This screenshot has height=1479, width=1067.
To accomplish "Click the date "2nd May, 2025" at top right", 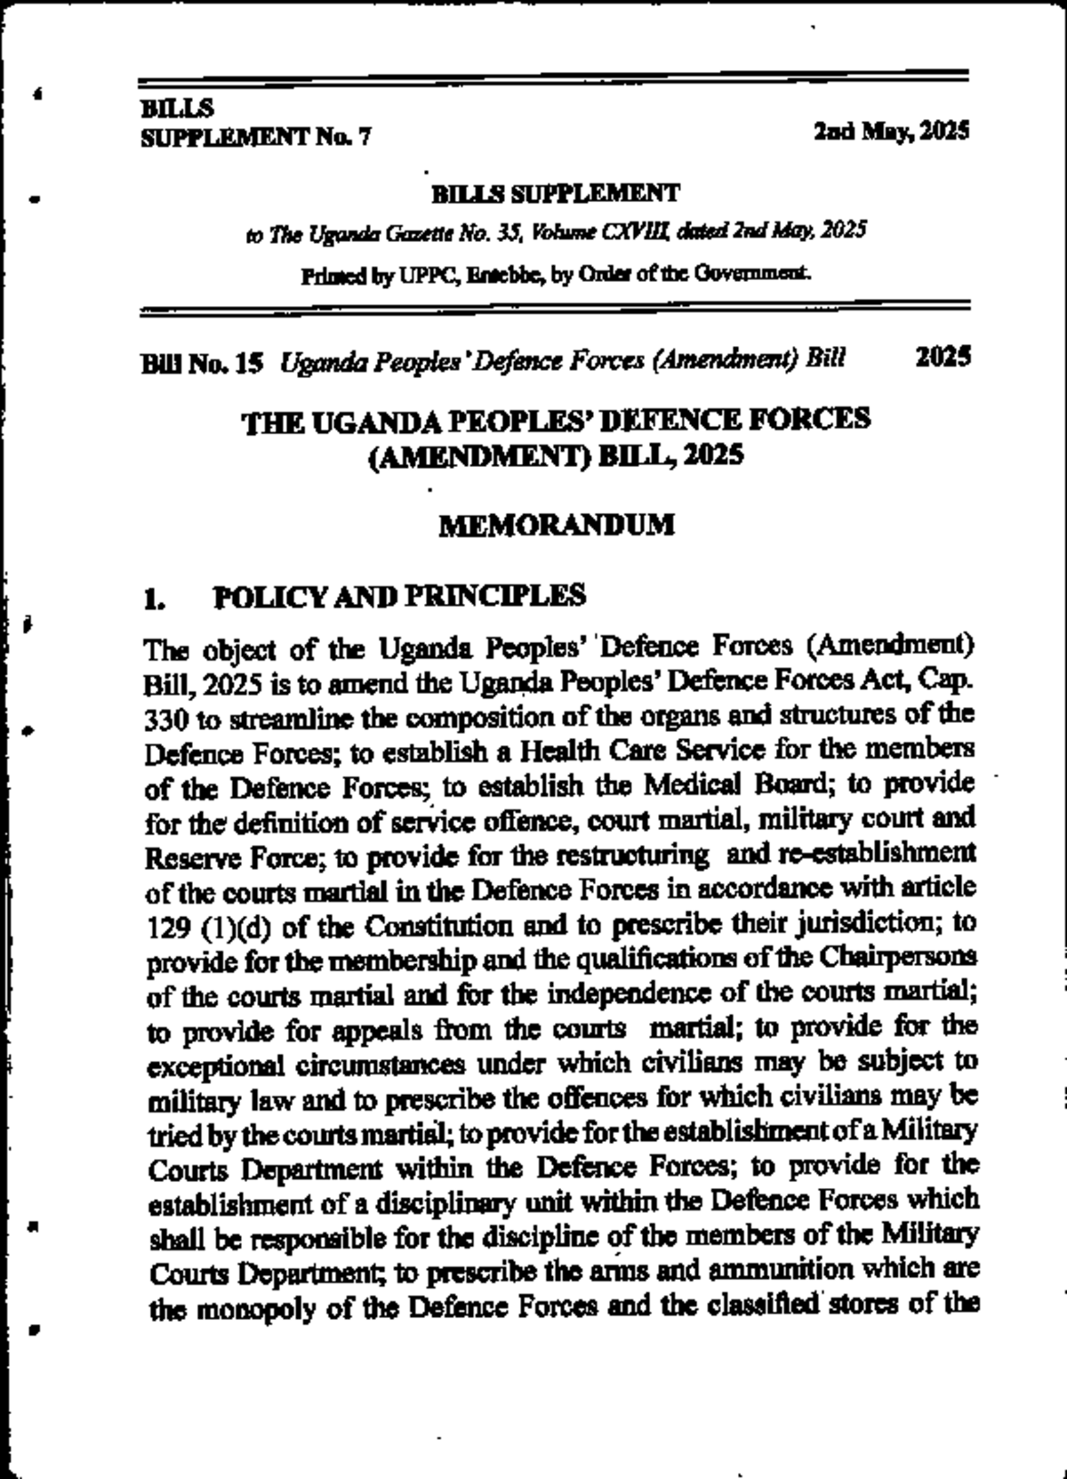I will pos(891,133).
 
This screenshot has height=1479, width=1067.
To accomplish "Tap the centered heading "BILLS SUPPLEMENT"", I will pos(556,192).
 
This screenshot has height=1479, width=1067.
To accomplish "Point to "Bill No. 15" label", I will pos(203,362).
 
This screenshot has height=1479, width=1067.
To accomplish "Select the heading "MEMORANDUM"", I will pos(558,525).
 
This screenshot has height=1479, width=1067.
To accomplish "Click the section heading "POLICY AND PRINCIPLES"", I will pos(399,596).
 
